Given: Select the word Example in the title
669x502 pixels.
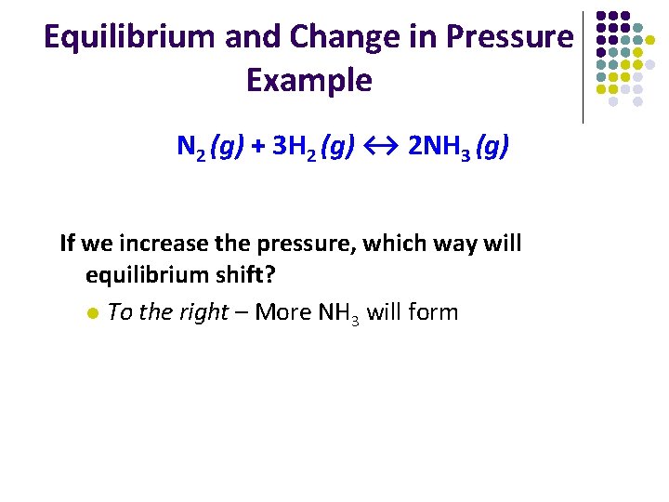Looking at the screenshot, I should point(308,81).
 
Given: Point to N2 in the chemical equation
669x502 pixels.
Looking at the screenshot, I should point(191,148).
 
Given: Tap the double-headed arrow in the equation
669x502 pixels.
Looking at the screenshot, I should point(381,147).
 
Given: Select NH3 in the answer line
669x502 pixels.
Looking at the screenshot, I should point(338,312).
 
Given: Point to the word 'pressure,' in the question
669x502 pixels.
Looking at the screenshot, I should point(307,244).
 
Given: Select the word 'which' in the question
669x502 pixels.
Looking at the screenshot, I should point(395,244).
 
